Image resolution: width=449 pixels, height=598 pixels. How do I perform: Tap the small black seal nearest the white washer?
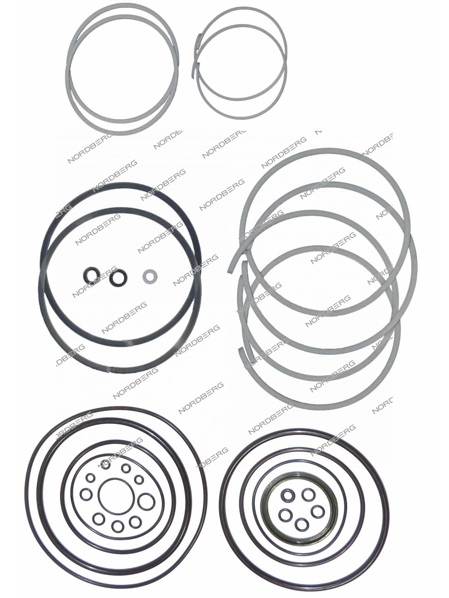pos(118,277)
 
